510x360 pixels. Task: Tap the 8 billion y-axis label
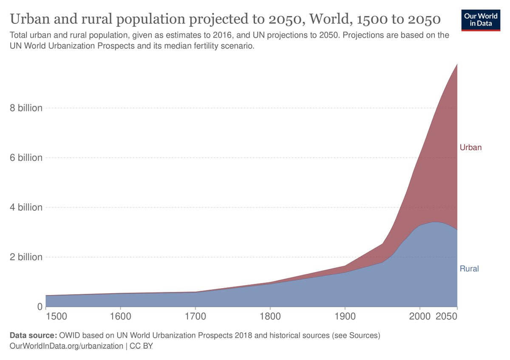pyautogui.click(x=26, y=108)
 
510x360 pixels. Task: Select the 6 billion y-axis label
pyautogui.click(x=26, y=158)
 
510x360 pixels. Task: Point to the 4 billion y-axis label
pyautogui.click(x=26, y=207)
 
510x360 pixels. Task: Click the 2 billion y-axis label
pyautogui.click(x=26, y=257)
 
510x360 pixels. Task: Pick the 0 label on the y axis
pyautogui.click(x=40, y=307)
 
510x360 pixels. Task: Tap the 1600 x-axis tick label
pyautogui.click(x=121, y=317)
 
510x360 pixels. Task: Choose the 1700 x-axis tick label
pyautogui.click(x=195, y=317)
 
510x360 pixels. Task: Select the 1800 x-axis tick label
pyautogui.click(x=270, y=317)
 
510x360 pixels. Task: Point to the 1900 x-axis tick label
pyautogui.click(x=345, y=317)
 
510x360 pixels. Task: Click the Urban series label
pyautogui.click(x=470, y=147)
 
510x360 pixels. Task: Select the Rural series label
pyautogui.click(x=469, y=269)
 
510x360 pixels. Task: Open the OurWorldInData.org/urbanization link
pyautogui.click(x=66, y=346)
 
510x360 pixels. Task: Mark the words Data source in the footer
pyautogui.click(x=32, y=336)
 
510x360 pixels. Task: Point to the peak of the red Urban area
pyautogui.click(x=457, y=64)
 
